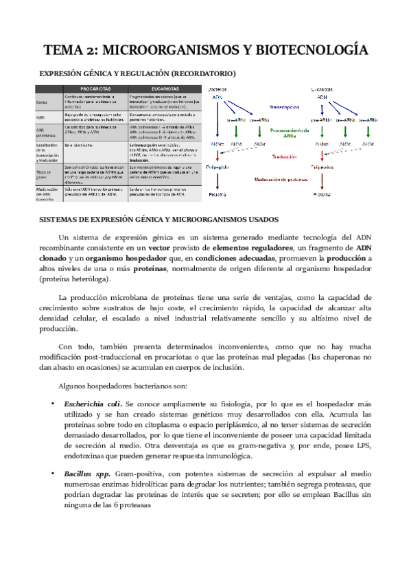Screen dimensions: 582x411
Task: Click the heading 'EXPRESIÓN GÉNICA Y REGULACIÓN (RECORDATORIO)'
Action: tap(137, 73)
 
